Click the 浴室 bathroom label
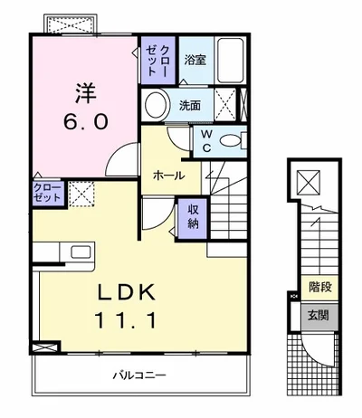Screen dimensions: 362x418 click(x=195, y=60)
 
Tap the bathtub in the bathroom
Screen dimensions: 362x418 click(x=231, y=61)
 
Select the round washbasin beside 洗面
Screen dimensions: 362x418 click(x=156, y=105)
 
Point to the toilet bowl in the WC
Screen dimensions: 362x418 click(x=230, y=141)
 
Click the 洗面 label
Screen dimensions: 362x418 click(x=190, y=105)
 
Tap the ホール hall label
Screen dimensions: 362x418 click(x=168, y=175)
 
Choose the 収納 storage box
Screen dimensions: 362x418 click(x=193, y=219)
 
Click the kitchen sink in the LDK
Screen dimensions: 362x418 click(x=81, y=252)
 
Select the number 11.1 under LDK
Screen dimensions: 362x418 click(x=126, y=320)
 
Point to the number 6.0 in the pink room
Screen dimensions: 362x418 click(x=86, y=122)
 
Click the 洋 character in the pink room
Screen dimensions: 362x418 click(x=86, y=93)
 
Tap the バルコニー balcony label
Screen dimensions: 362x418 click(x=139, y=375)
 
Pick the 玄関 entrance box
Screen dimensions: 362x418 click(x=319, y=316)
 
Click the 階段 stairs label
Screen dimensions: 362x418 click(x=320, y=287)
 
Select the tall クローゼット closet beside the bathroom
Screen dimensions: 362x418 click(x=158, y=61)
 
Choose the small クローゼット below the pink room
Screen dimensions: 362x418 click(x=48, y=193)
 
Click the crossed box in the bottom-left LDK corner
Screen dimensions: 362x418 click(x=44, y=347)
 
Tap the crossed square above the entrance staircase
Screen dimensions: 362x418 click(x=309, y=183)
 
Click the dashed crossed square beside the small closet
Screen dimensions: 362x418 click(x=81, y=195)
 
